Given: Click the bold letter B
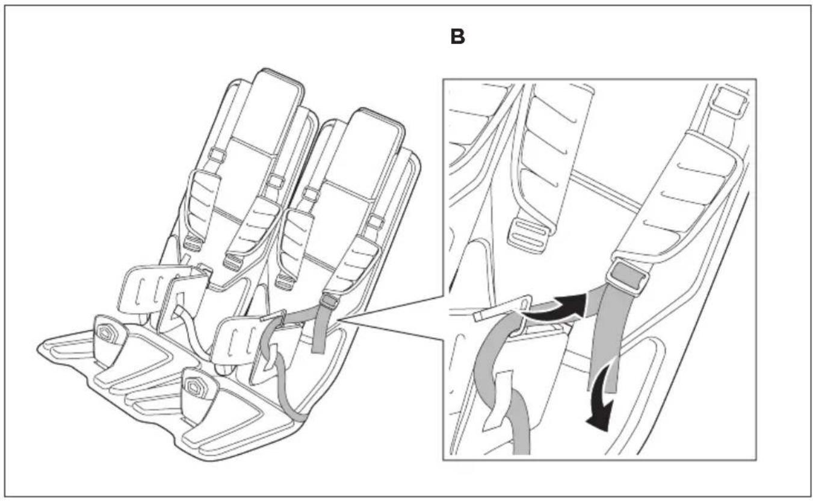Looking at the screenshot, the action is [x=457, y=37].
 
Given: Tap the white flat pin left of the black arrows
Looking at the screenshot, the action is [x=502, y=308].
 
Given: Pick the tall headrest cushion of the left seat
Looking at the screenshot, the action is [x=270, y=109].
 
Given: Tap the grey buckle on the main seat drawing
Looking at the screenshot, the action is [x=330, y=301].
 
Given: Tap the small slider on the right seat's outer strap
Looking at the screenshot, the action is [x=376, y=222].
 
